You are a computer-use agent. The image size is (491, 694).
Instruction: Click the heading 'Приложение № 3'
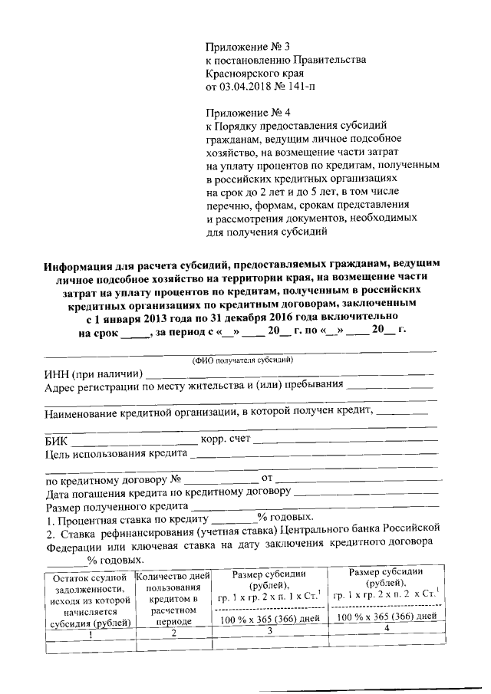pos(245,46)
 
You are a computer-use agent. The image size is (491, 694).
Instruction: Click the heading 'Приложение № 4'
pos(245,111)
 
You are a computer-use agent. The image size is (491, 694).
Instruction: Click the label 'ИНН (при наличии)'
pos(94,373)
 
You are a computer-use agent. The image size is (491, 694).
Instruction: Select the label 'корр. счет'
pos(225,439)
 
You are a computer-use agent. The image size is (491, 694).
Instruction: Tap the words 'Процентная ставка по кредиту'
pos(128,520)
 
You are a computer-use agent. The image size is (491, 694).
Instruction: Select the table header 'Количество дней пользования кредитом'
pos(173,590)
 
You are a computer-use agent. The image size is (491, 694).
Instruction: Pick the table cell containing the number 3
pos(269,631)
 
